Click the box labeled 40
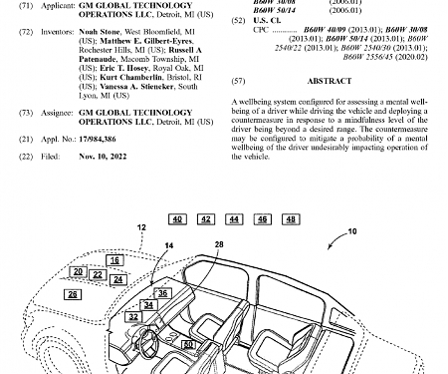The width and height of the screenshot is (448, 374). click(176, 217)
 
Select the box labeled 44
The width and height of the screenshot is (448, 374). click(233, 217)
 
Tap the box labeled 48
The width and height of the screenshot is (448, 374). click(262, 217)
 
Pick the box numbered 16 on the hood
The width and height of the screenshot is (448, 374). click(115, 260)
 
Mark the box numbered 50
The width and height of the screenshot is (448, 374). click(188, 344)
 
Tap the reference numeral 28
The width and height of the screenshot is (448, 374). click(219, 243)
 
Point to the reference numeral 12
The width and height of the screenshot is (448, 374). click(140, 228)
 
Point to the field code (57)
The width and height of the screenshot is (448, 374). click(236, 79)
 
